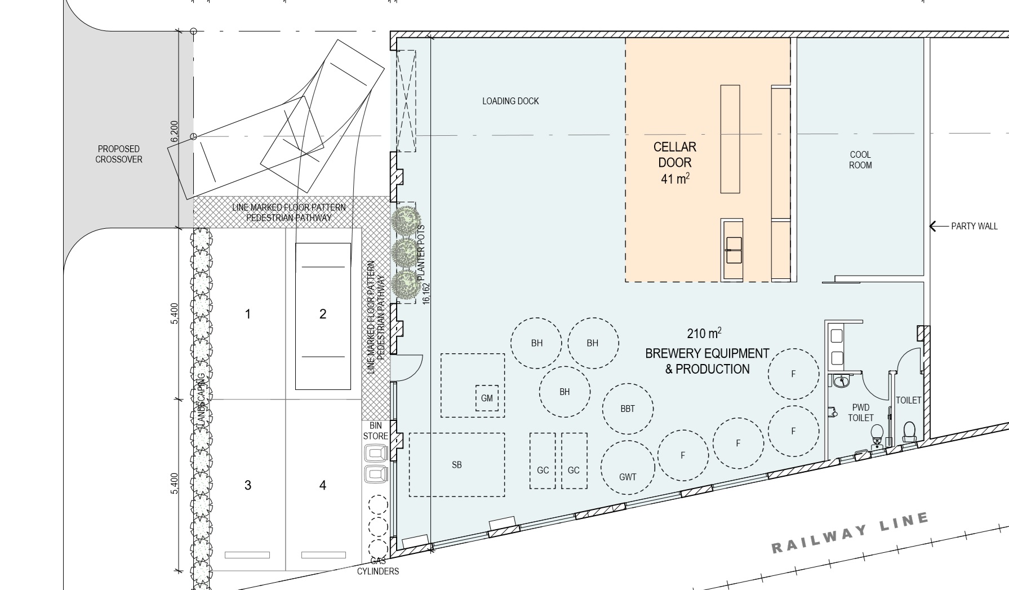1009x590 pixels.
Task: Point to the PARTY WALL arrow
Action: (x=939, y=226)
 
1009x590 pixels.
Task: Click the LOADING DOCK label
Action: (x=510, y=101)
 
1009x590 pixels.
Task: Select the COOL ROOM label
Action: (x=860, y=159)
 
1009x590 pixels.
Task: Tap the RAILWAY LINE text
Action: (x=850, y=532)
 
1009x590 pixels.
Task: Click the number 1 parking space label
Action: (x=248, y=314)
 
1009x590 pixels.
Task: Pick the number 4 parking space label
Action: (x=323, y=485)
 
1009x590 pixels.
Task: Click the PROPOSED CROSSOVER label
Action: (x=119, y=154)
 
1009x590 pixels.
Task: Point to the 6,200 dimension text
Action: (x=174, y=131)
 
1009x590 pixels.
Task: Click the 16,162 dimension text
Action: (x=426, y=293)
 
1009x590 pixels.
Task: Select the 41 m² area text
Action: (x=675, y=178)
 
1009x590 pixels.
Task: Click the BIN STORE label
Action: (x=376, y=431)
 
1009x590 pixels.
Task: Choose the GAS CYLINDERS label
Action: (x=378, y=566)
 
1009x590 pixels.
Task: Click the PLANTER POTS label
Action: (x=421, y=254)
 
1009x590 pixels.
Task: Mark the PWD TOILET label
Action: (x=861, y=412)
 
